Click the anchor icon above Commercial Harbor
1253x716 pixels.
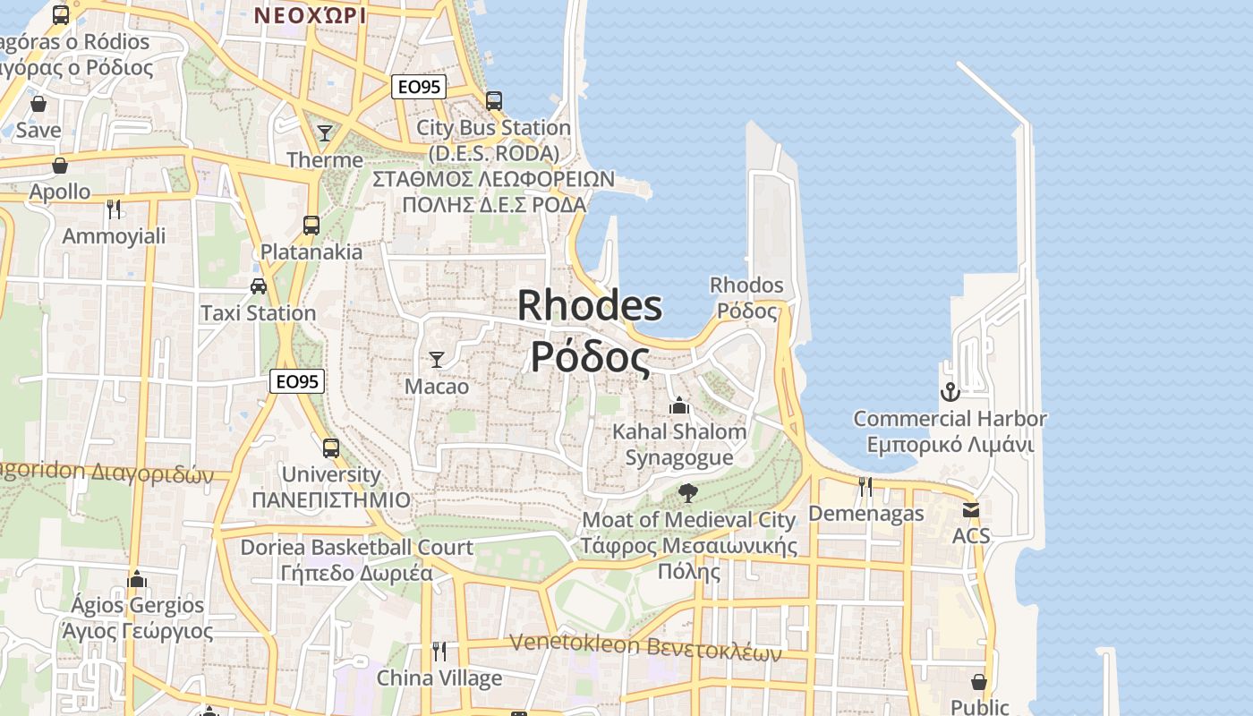pos(950,391)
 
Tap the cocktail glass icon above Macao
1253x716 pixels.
pos(437,360)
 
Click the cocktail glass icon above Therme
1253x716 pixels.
pos(325,133)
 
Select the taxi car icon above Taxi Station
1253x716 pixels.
pos(259,286)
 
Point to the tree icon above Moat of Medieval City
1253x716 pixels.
pos(688,492)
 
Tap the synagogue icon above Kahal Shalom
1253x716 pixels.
pos(679,405)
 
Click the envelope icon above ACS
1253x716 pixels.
pos(971,510)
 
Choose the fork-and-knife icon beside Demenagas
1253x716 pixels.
pos(865,486)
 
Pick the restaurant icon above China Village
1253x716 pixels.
pos(439,651)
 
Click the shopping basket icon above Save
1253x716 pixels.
pos(38,104)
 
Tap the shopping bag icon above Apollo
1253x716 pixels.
pos(60,166)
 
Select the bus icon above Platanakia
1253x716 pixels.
pos(311,225)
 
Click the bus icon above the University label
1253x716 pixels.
pos(331,447)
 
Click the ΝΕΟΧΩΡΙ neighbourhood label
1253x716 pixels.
pos(310,15)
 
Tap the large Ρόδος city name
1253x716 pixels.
pos(590,357)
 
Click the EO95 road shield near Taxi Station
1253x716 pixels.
pos(297,381)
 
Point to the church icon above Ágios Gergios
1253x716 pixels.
pos(137,579)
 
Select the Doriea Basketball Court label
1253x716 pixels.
pos(356,547)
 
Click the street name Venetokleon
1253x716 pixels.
pos(575,644)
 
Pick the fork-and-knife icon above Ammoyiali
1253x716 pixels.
pos(114,209)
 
